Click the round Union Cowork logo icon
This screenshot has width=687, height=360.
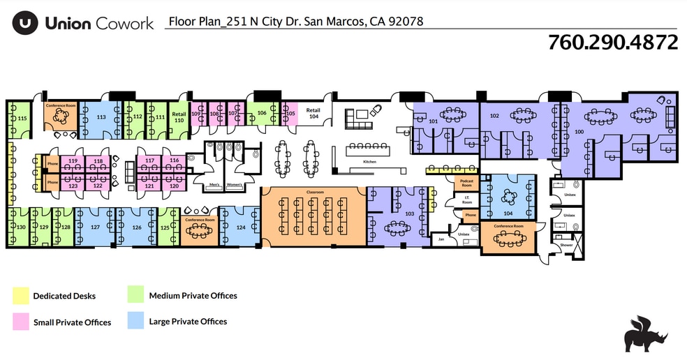(24, 23)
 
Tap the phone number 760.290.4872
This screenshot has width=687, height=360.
(613, 42)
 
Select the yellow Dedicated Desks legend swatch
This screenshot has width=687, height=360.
(20, 296)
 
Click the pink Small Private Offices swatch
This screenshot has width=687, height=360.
(20, 322)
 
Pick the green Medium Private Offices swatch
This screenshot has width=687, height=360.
(136, 296)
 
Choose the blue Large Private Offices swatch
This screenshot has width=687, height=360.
(136, 321)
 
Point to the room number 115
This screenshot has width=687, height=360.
(22, 119)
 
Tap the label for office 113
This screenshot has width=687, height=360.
(101, 117)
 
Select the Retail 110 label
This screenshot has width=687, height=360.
(179, 117)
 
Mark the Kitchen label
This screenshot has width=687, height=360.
(369, 162)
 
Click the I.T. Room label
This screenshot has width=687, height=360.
(467, 200)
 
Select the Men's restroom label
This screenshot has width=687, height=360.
(215, 185)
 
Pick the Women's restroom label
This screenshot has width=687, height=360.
(234, 185)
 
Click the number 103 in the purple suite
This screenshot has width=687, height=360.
(409, 213)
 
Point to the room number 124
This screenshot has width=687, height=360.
(240, 227)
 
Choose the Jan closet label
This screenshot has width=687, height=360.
(441, 239)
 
